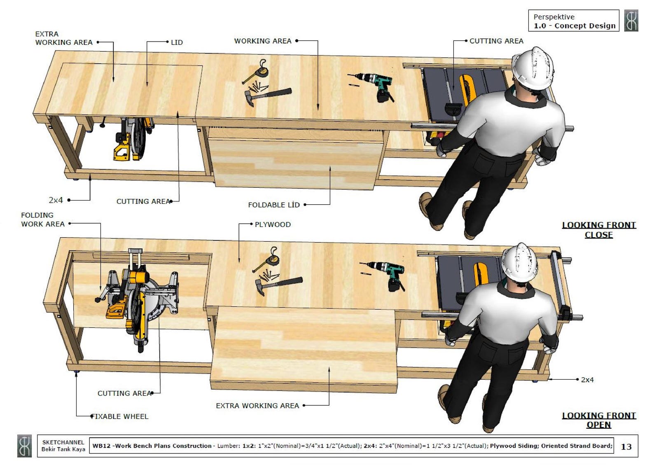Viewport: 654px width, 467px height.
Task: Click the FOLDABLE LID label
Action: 273,205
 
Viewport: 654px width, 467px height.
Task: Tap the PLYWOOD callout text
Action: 273,224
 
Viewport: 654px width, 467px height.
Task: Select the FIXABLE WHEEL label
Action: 120,416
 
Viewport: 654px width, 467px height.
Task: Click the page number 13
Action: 626,446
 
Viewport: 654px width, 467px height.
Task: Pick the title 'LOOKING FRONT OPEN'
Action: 599,420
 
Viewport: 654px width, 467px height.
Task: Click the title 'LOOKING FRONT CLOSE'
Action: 599,230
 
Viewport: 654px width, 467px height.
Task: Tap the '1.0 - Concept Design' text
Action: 575,26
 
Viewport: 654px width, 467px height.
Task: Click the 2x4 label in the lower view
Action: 587,380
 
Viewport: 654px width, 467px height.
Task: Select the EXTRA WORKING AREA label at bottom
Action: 257,406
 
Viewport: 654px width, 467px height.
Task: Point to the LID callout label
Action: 177,42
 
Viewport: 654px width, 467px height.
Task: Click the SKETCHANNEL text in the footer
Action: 63,442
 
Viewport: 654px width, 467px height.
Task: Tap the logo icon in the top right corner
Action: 631,21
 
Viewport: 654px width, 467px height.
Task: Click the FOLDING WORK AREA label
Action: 43,219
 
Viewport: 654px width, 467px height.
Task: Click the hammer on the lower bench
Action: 278,284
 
